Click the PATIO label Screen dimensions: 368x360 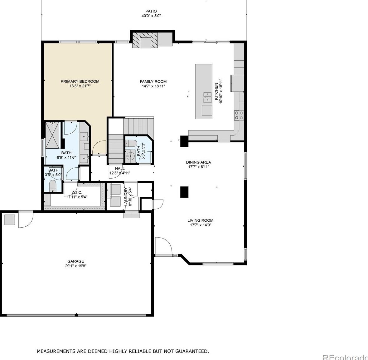(151, 11)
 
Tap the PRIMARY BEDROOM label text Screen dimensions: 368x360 (80, 81)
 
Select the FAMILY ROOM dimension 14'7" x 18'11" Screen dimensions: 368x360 (153, 86)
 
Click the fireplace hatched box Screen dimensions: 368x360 (145, 40)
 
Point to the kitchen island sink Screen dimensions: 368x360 (207, 98)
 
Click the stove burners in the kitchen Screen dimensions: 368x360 (239, 115)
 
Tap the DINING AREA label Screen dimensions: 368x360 (198, 162)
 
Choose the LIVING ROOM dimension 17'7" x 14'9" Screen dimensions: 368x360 (200, 225)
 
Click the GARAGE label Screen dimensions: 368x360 (75, 261)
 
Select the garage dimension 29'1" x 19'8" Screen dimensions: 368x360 (76, 266)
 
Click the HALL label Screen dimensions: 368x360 (120, 169)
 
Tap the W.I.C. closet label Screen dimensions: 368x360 (77, 193)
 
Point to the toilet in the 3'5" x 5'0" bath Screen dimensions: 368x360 (52, 186)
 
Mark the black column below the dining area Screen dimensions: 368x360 (184, 192)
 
